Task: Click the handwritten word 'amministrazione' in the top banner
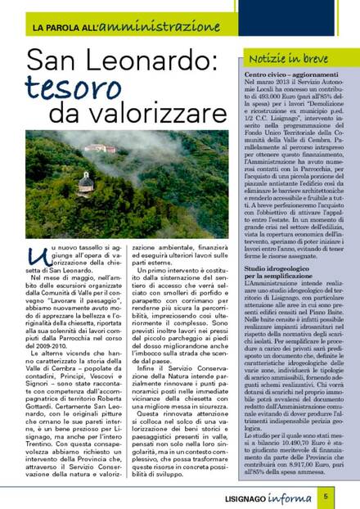(x=150, y=27)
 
